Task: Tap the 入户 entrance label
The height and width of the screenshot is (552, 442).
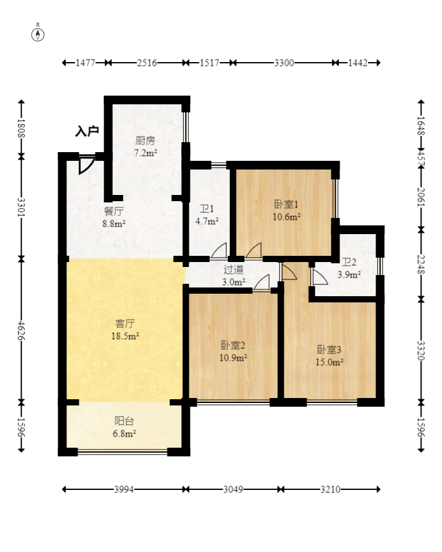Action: coord(87,131)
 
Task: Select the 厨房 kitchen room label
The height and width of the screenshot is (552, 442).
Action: coord(145,140)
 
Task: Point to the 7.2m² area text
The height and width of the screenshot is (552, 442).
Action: coord(145,153)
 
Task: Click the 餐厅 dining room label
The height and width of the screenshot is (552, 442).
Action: coord(114,211)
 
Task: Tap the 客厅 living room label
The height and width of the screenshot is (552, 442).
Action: coord(125,324)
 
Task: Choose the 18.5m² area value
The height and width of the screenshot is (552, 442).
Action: coord(125,336)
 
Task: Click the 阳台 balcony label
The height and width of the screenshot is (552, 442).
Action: coord(124,421)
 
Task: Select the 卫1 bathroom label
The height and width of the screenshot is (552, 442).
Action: coord(207,209)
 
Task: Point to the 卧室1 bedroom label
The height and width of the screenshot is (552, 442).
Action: coord(286,204)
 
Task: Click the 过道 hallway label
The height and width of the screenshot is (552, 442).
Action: coord(233,269)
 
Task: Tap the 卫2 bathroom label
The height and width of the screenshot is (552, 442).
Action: coord(349,262)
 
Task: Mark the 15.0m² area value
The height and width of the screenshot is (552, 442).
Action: coord(330,362)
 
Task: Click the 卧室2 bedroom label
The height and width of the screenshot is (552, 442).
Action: coord(233,345)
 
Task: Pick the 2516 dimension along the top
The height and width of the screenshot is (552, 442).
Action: coord(147,63)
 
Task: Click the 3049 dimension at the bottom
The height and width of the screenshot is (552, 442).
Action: coord(233,489)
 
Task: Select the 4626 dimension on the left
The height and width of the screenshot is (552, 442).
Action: coord(22,330)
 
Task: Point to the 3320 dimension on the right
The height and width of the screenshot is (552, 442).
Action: coord(421,351)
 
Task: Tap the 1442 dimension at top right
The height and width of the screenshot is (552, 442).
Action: coord(358,63)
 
